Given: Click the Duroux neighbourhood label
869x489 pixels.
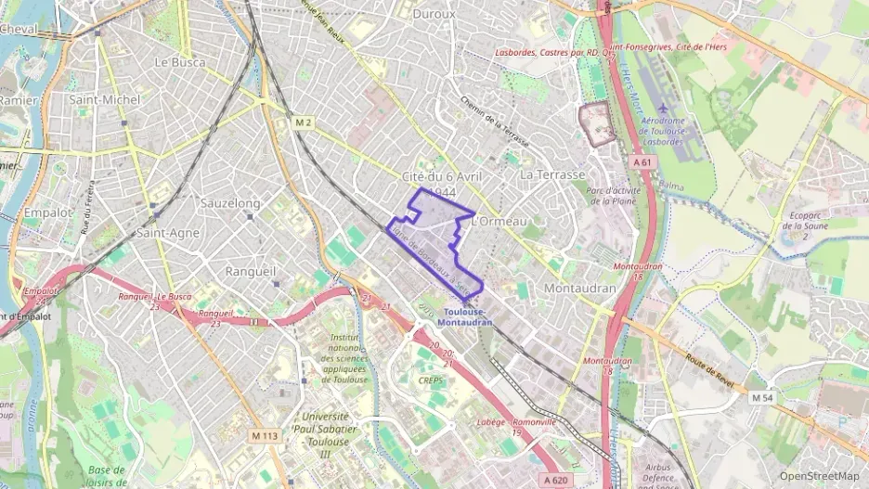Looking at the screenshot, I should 434,14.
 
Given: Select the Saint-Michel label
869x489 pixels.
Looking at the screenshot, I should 105,99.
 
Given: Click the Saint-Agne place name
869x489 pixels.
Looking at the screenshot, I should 168,233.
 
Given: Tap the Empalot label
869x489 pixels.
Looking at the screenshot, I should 47,212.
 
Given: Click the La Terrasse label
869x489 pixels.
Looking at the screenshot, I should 552,174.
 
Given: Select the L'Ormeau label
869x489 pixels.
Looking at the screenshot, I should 499,221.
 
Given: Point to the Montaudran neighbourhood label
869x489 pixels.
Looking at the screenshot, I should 580,289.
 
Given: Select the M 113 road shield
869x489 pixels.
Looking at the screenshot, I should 265,435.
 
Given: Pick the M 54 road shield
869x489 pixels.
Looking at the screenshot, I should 761,398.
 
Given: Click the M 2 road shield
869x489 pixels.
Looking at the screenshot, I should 301,122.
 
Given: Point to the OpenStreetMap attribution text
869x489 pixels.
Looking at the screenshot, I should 819,476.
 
